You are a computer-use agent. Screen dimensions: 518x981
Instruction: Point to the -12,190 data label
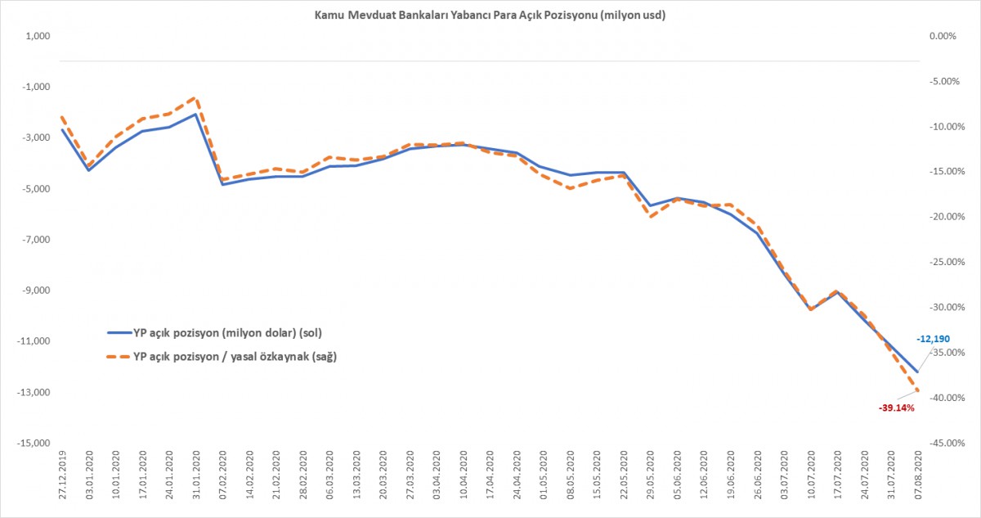(934, 339)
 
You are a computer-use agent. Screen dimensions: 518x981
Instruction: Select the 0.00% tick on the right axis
(943, 36)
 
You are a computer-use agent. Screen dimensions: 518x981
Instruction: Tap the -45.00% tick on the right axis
(940, 444)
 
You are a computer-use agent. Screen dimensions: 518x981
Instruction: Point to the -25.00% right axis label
(940, 263)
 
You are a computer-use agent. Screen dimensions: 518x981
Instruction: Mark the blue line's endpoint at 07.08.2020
(917, 372)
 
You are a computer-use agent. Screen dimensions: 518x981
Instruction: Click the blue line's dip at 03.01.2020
(89, 170)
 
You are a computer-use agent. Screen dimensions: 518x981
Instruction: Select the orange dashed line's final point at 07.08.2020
(917, 390)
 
